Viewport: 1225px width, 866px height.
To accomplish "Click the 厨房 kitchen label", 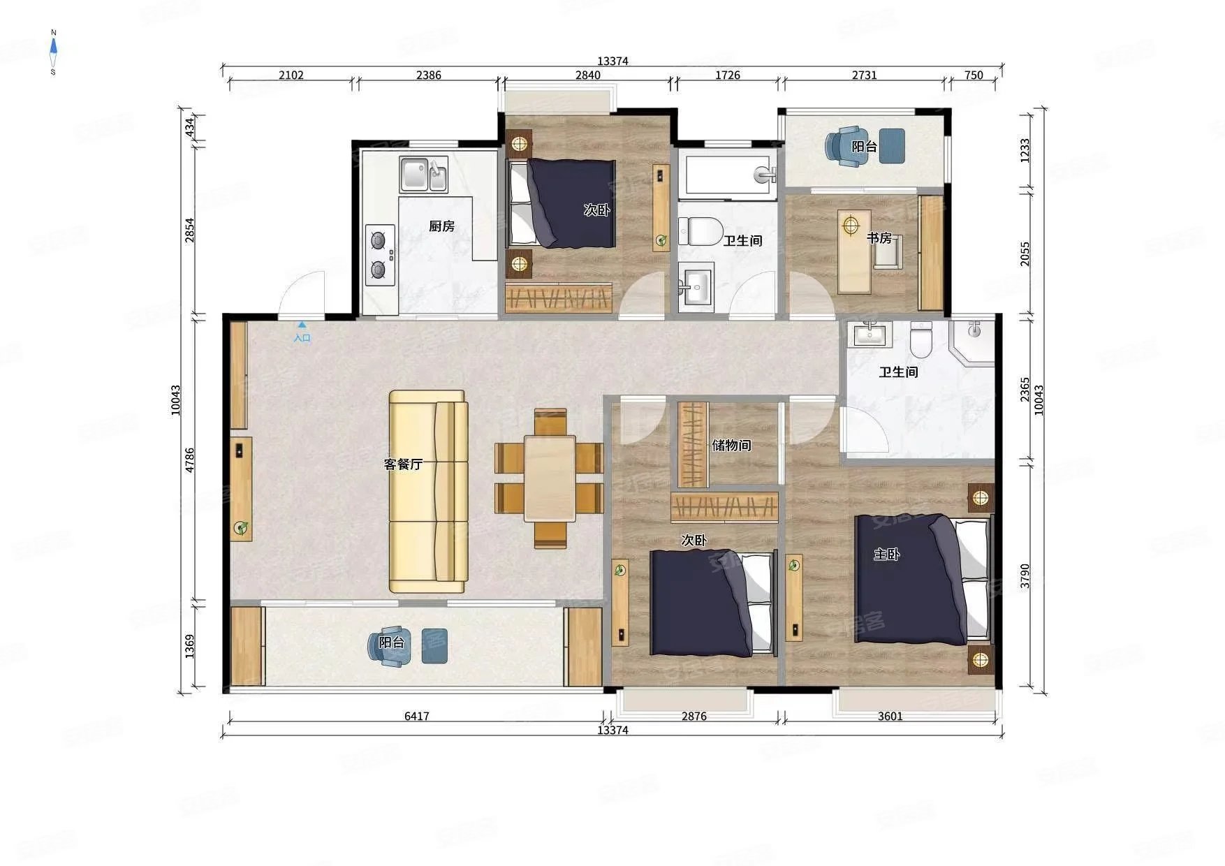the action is [x=441, y=226].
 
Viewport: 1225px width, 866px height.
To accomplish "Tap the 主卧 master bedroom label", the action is [x=886, y=555].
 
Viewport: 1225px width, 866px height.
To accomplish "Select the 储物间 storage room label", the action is [x=731, y=445].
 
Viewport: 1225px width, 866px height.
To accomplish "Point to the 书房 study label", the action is [x=879, y=238].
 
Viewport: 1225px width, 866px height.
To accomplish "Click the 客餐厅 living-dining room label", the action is [x=403, y=464].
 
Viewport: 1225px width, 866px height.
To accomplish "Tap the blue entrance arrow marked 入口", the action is [x=302, y=325].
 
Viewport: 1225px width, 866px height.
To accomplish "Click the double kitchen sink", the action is [x=423, y=175].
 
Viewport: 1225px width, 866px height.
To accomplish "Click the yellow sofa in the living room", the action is [x=428, y=492].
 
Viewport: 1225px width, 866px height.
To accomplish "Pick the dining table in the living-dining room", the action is [x=550, y=478].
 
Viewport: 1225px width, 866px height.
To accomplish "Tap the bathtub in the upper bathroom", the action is [x=731, y=175].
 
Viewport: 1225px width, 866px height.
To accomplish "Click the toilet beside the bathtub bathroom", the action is [x=700, y=231].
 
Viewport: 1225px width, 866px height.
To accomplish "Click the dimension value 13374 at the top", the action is [x=612, y=61].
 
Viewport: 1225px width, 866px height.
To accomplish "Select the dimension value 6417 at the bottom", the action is [x=416, y=716].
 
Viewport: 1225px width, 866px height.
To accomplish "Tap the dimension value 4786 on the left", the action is [x=190, y=460].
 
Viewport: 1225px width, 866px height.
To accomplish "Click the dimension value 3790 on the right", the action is [x=1025, y=576].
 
